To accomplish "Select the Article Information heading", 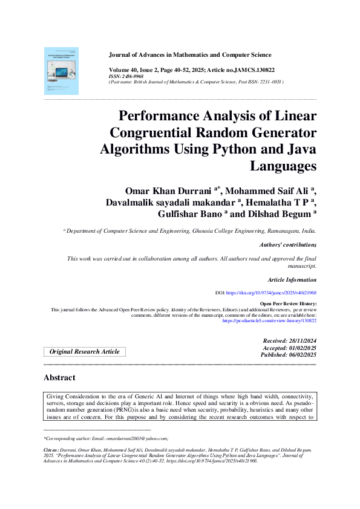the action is pyautogui.click(x=292, y=280).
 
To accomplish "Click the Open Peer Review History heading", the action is pyautogui.click(x=287, y=303).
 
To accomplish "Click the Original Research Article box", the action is pyautogui.click(x=84, y=352).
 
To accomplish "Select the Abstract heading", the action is pyautogui.click(x=59, y=378).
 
